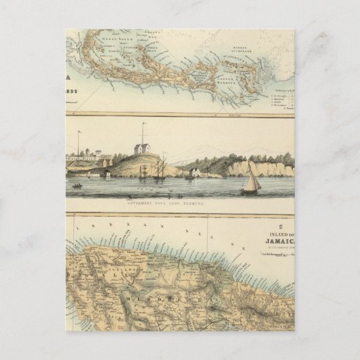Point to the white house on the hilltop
pos(143,148)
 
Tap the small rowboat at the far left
pos(77,185)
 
